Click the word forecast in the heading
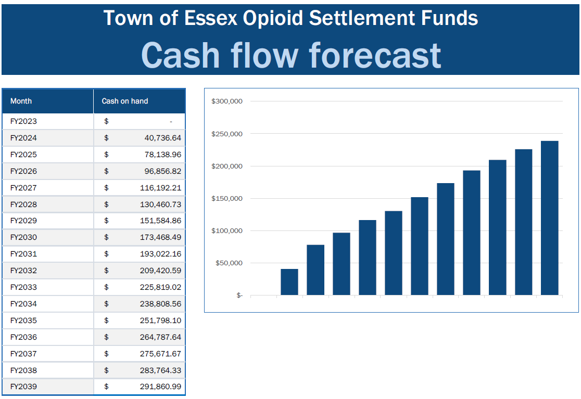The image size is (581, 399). tap(375, 55)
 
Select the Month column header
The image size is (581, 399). tap(21, 101)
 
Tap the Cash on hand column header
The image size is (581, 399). tap(125, 101)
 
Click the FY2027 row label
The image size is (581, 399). tap(23, 188)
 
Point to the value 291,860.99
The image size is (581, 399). tap(160, 387)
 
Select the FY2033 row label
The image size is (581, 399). tap(23, 287)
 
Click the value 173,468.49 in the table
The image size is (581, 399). tap(160, 237)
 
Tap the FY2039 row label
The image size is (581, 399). tap(23, 387)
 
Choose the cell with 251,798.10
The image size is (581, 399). tap(160, 320)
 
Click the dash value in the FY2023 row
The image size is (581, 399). tap(171, 122)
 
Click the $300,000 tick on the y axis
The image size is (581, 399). tap(227, 101)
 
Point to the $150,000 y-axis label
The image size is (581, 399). tap(227, 198)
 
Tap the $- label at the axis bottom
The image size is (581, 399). tap(239, 295)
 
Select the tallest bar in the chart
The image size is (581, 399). tap(549, 218)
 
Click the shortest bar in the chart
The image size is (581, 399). tap(289, 282)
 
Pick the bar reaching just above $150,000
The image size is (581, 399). tap(420, 246)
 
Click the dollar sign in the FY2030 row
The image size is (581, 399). tap(106, 237)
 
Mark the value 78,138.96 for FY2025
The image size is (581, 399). tap(162, 155)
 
